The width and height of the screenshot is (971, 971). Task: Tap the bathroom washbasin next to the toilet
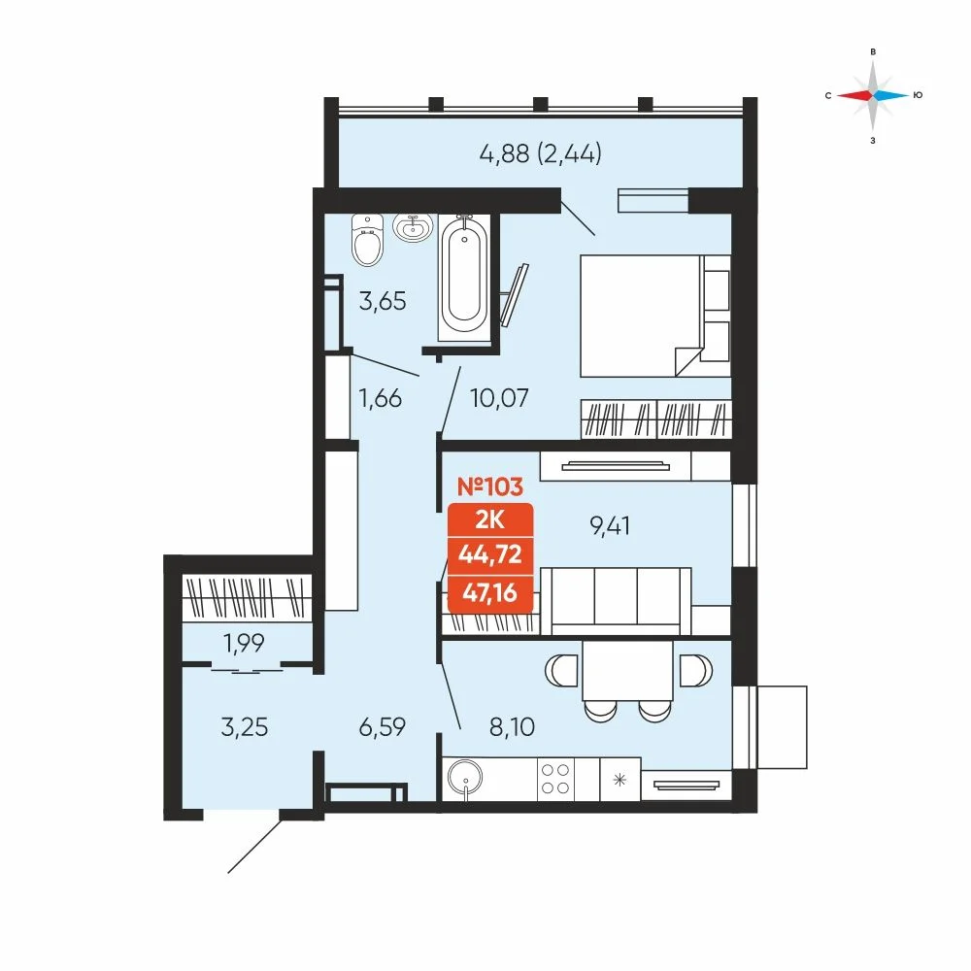click(x=413, y=227)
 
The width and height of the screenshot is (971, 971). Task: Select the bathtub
click(x=464, y=278)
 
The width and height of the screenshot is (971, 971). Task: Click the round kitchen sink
click(x=465, y=777)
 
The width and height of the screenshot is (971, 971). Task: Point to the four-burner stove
click(x=555, y=779)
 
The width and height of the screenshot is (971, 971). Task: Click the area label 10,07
click(x=499, y=397)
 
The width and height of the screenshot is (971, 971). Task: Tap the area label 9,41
click(x=610, y=525)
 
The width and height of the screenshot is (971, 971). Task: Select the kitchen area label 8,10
click(x=512, y=726)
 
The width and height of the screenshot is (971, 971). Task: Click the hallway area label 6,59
click(x=382, y=726)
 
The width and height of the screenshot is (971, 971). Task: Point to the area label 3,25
click(x=244, y=726)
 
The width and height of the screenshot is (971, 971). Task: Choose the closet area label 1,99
click(x=244, y=644)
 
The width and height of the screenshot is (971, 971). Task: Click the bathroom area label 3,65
click(x=383, y=302)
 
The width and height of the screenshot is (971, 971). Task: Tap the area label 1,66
click(x=381, y=397)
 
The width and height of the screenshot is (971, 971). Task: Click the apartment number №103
click(x=489, y=486)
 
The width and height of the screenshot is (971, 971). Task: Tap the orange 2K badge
click(x=489, y=520)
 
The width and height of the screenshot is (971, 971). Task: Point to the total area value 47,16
click(x=489, y=592)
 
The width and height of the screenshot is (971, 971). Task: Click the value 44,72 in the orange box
click(x=489, y=553)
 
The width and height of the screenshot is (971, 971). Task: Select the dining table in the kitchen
click(x=627, y=670)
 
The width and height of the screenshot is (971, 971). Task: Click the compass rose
click(x=873, y=95)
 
